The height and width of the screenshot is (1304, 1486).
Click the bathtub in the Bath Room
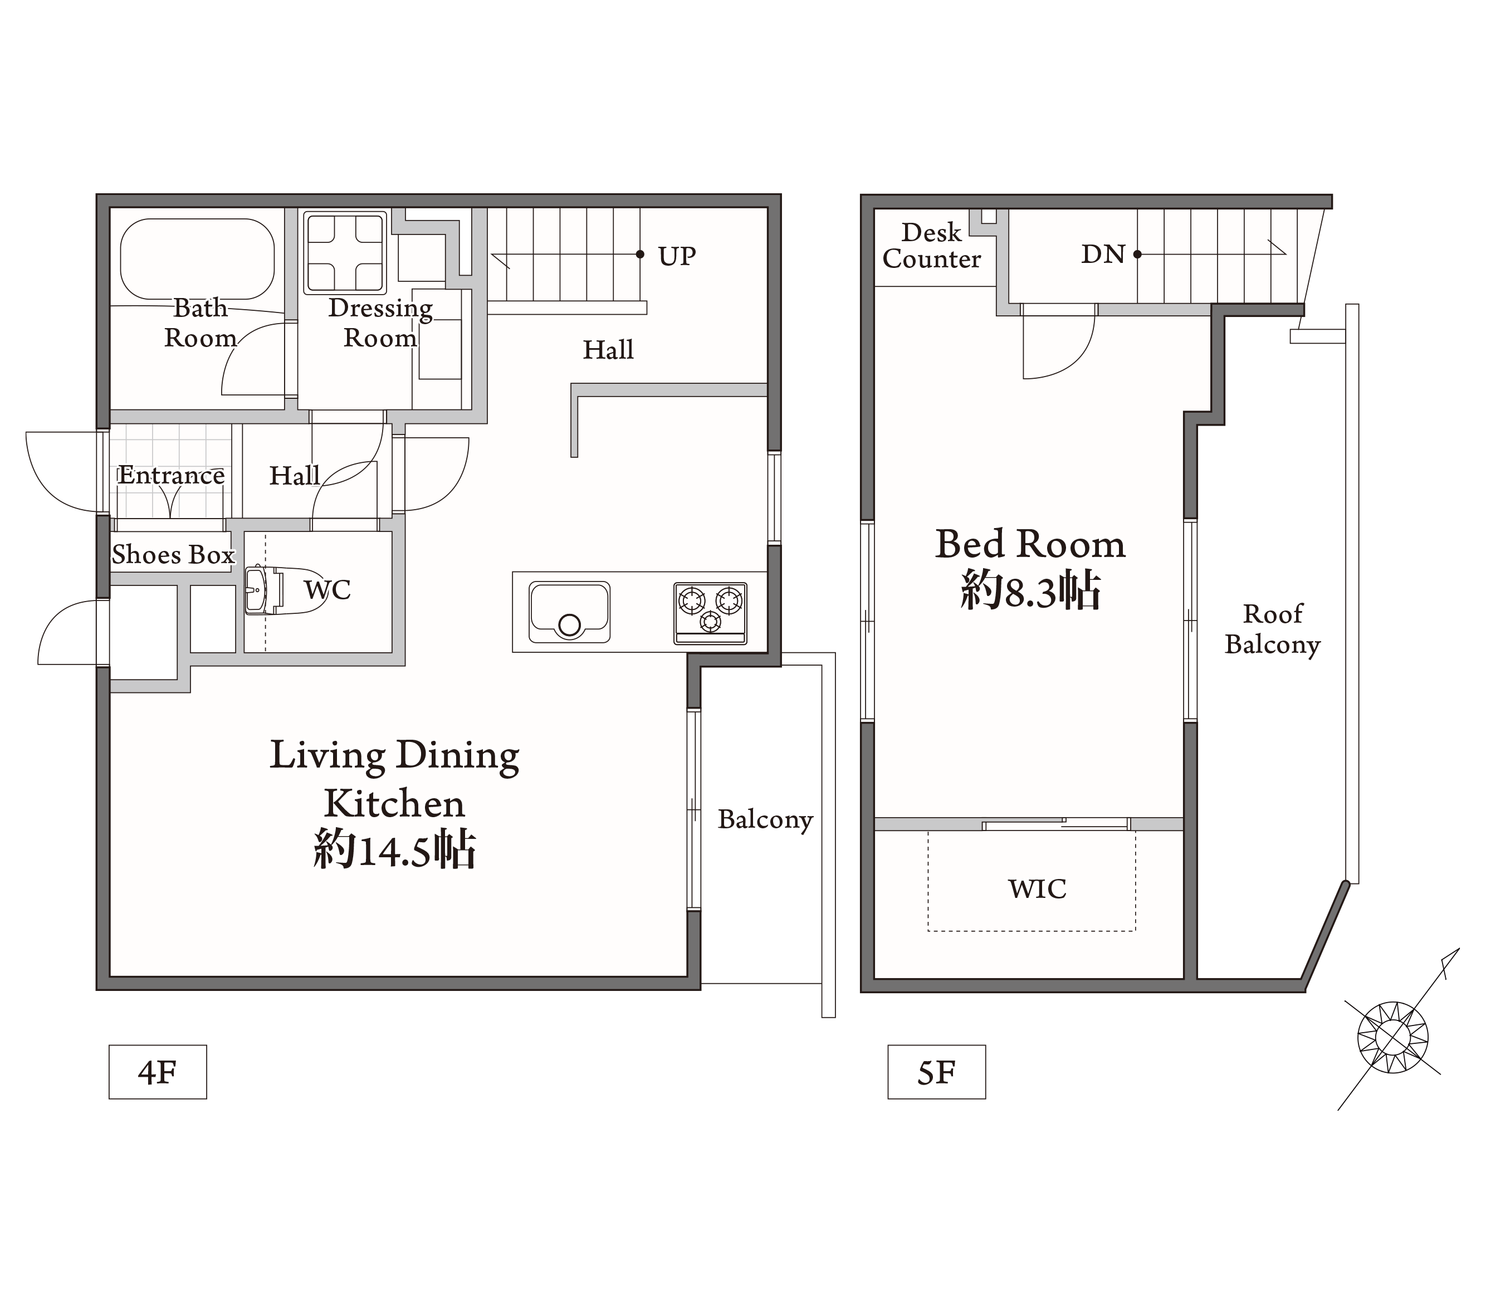point(197,259)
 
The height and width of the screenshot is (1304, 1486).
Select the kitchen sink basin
point(569,612)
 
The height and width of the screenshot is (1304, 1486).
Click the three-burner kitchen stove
point(710,613)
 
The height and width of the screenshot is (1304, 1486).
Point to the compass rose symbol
point(1392,1037)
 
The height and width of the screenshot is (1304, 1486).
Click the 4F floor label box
point(158,1072)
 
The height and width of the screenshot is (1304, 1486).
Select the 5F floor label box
point(936,1072)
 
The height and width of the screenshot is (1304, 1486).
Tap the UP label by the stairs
point(677,256)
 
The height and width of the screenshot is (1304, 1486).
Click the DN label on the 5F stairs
point(1103,254)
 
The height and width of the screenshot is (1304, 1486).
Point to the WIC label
point(1038,888)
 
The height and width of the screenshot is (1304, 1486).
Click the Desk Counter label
point(931,246)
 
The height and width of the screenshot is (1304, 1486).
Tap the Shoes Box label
point(173,555)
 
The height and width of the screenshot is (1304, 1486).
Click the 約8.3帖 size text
point(1030,590)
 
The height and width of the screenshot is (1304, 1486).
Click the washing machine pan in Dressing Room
point(345,252)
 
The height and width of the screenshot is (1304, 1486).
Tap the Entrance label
point(172,475)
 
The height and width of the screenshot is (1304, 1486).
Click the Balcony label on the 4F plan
point(765,819)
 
